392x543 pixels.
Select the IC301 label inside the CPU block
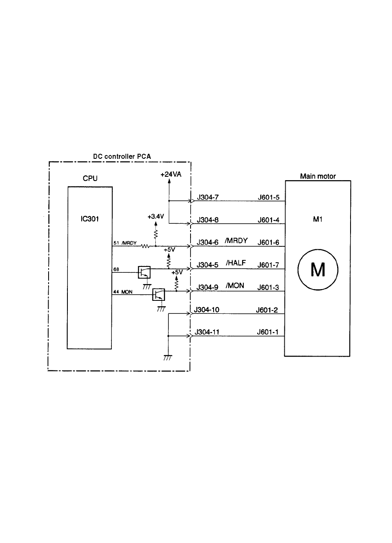[90, 219]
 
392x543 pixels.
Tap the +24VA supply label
[170, 176]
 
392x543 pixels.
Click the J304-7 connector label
[207, 197]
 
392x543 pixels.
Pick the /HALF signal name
[236, 264]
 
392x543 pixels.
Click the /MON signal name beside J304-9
[235, 286]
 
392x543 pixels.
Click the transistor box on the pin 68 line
[144, 272]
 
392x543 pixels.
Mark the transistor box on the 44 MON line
[159, 295]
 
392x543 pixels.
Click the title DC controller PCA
[121, 157]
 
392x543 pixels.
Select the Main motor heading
[318, 176]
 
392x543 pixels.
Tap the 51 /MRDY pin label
[125, 243]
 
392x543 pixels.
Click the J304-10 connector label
[207, 310]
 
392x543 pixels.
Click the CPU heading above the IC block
[90, 178]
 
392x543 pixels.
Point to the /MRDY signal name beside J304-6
[237, 241]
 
